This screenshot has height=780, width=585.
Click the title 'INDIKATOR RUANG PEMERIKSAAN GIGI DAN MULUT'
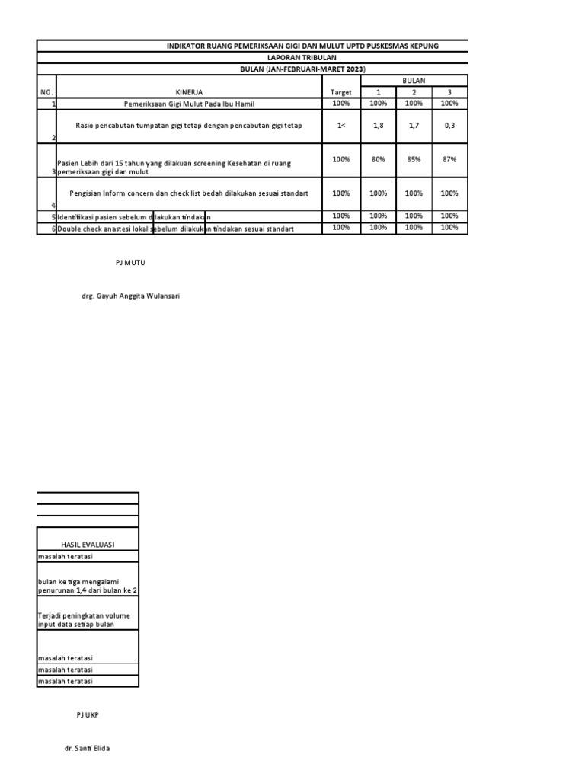point(302,46)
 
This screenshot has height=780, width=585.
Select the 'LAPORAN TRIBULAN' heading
point(302,57)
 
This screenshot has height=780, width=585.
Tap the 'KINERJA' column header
point(189,92)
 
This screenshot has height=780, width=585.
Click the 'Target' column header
point(340,92)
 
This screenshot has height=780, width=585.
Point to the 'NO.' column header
point(46,92)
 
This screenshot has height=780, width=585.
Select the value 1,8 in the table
point(378,126)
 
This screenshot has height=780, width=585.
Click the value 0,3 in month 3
point(449,126)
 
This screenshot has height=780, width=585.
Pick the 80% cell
point(378,160)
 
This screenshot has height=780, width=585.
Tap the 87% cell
point(449,160)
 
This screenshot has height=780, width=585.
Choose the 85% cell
point(414,160)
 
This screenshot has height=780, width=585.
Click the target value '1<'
point(340,126)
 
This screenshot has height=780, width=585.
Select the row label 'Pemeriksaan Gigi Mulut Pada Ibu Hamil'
point(189,103)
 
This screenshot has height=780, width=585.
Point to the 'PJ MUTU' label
point(129,262)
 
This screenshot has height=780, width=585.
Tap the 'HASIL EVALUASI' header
point(88,545)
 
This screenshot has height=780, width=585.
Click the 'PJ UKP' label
point(88,715)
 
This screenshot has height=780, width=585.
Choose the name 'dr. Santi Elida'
point(88,749)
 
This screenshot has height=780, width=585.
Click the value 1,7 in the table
point(414,126)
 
